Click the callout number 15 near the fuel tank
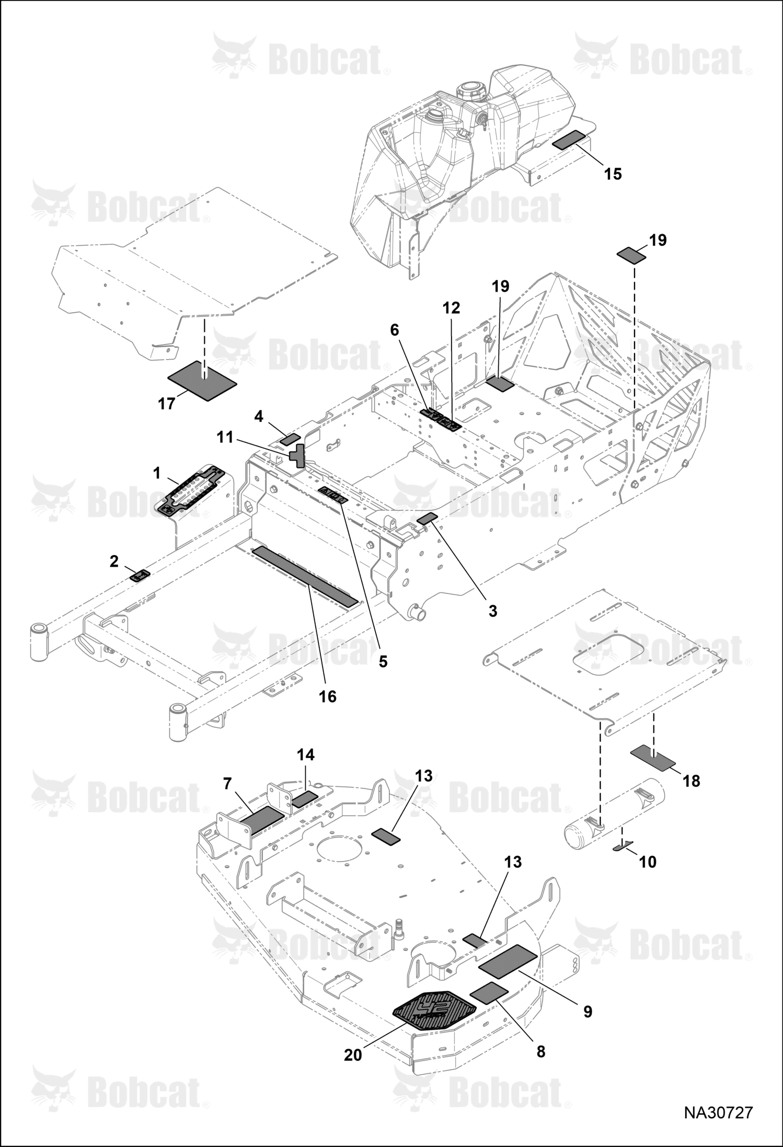[613, 174]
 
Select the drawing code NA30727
[719, 1112]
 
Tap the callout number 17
[167, 404]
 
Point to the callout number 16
[328, 696]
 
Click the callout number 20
[353, 1056]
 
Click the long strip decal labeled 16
[305, 577]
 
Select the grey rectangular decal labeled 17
[202, 381]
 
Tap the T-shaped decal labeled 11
[297, 455]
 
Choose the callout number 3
[492, 611]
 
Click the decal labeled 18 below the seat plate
[653, 759]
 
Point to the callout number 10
[648, 862]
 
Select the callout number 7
[227, 783]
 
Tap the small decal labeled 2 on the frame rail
[140, 576]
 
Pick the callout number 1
[156, 473]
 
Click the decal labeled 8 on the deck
[489, 992]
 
